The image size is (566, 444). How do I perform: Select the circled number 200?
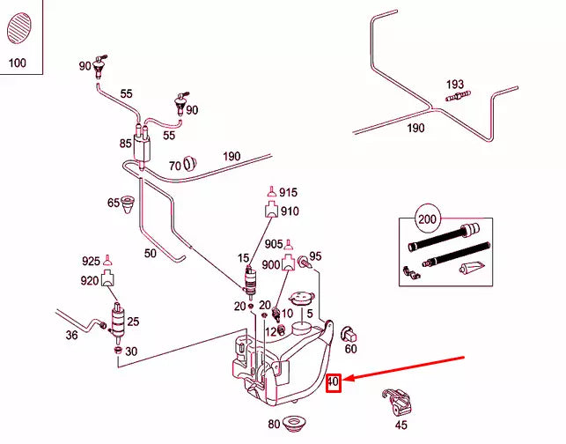click(x=427, y=219)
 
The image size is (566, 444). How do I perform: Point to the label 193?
click(x=454, y=85)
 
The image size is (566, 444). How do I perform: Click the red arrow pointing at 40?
click(x=405, y=369)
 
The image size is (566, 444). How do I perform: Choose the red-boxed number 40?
click(x=333, y=383)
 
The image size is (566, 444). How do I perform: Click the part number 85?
click(x=126, y=143)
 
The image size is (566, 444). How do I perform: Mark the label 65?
click(x=114, y=203)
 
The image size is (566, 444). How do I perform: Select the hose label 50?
click(x=150, y=254)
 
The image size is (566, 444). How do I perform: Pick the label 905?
click(x=273, y=244)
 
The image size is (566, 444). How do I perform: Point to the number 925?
click(x=91, y=262)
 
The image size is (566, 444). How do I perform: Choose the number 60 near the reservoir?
click(x=350, y=349)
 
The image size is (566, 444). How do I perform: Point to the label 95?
click(x=315, y=256)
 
